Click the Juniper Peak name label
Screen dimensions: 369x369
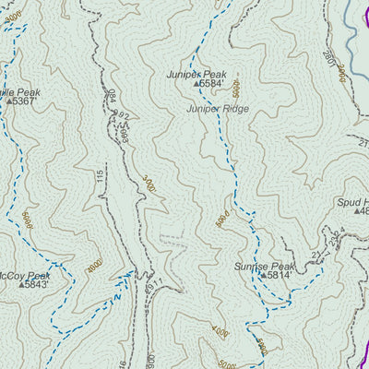pyautogui.click(x=196, y=73)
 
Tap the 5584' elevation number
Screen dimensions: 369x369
pyautogui.click(x=212, y=84)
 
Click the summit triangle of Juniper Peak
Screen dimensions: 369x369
pyautogui.click(x=196, y=84)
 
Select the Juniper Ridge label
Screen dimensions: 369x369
pyautogui.click(x=217, y=108)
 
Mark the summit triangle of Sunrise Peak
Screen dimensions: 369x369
pyautogui.click(x=262, y=275)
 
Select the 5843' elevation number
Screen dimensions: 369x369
pyautogui.click(x=37, y=285)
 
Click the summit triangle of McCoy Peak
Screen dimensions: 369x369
pyautogui.click(x=20, y=285)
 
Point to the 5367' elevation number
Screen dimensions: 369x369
pyautogui.click(x=23, y=101)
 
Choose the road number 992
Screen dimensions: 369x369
pyautogui.click(x=120, y=118)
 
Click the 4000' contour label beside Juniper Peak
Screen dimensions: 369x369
pyautogui.click(x=236, y=89)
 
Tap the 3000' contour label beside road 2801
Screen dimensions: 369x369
pyautogui.click(x=341, y=72)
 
